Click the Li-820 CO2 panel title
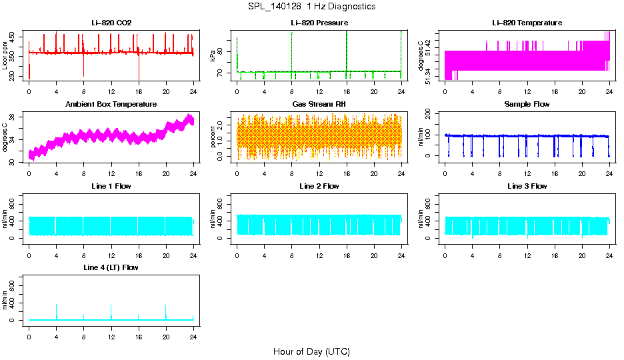point(111,23)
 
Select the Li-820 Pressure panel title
point(319,23)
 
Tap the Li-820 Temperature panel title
point(527,23)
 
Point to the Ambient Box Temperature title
point(111,104)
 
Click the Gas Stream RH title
point(319,104)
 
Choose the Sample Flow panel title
point(527,104)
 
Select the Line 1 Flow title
point(111,186)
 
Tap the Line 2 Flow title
point(319,186)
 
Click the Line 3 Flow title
point(527,186)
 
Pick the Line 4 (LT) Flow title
point(111,267)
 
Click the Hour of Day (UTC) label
point(311,351)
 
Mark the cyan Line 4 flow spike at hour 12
point(111,312)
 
